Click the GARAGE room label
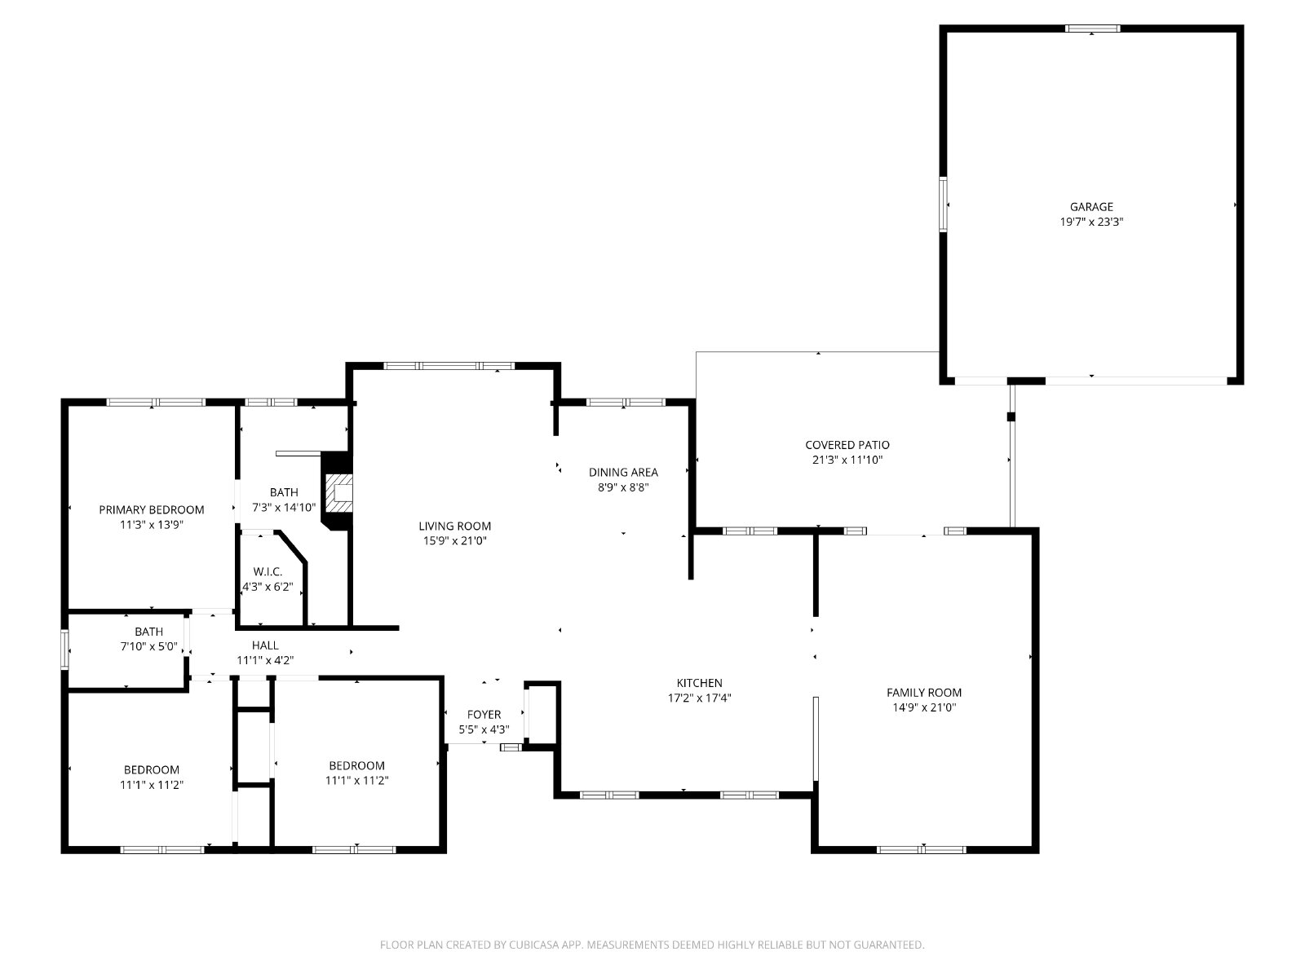click(x=1091, y=207)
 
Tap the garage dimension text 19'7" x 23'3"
click(x=1091, y=222)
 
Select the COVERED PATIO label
click(x=847, y=445)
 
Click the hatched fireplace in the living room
click(x=338, y=493)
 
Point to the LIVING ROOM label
click(x=454, y=526)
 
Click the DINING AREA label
click(x=623, y=472)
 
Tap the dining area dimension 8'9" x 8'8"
click(x=623, y=487)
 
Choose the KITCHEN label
click(x=699, y=683)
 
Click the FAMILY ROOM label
click(x=924, y=693)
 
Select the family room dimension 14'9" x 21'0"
click(x=924, y=707)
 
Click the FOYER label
click(x=484, y=715)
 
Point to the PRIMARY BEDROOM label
click(x=152, y=509)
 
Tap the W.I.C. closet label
click(x=268, y=572)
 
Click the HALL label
click(x=265, y=645)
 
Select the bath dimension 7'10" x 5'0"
click(x=148, y=646)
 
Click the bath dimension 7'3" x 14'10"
click(x=284, y=508)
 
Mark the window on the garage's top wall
click(x=1092, y=28)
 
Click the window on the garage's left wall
click(x=943, y=205)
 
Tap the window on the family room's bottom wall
click(x=921, y=850)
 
